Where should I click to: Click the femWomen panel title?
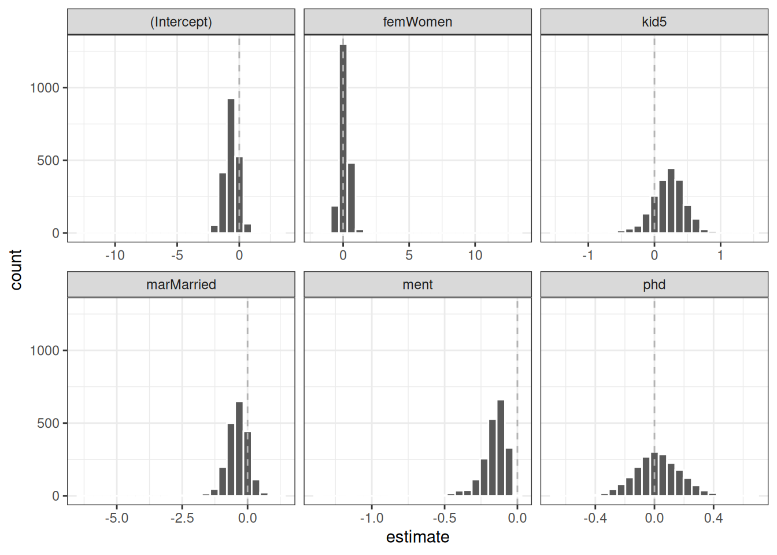click(x=417, y=22)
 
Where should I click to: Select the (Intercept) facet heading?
click(x=181, y=22)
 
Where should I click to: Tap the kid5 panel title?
click(x=654, y=22)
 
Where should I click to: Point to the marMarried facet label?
click(x=181, y=284)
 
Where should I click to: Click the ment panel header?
click(x=417, y=284)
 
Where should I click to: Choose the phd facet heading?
click(x=654, y=284)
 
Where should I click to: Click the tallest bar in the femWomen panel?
click(x=343, y=139)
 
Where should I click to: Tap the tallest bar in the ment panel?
click(x=501, y=447)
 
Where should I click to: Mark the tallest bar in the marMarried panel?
click(x=239, y=449)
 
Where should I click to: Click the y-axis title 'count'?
click(x=16, y=269)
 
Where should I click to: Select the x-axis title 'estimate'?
click(x=417, y=537)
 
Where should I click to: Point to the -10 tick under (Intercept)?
click(x=114, y=255)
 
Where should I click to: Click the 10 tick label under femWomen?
click(x=475, y=255)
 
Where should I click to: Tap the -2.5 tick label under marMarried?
click(x=182, y=518)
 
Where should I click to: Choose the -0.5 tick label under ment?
click(x=444, y=518)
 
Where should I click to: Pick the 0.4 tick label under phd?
click(x=713, y=518)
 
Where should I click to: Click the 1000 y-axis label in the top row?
click(x=45, y=88)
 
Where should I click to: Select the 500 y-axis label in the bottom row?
click(x=49, y=423)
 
